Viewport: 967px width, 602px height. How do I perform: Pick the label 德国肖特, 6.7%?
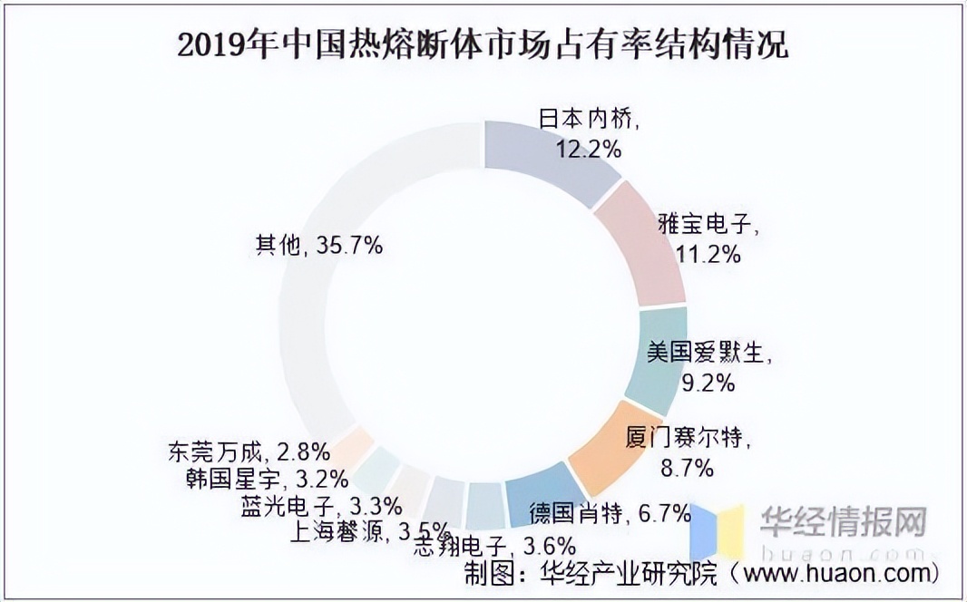610,514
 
